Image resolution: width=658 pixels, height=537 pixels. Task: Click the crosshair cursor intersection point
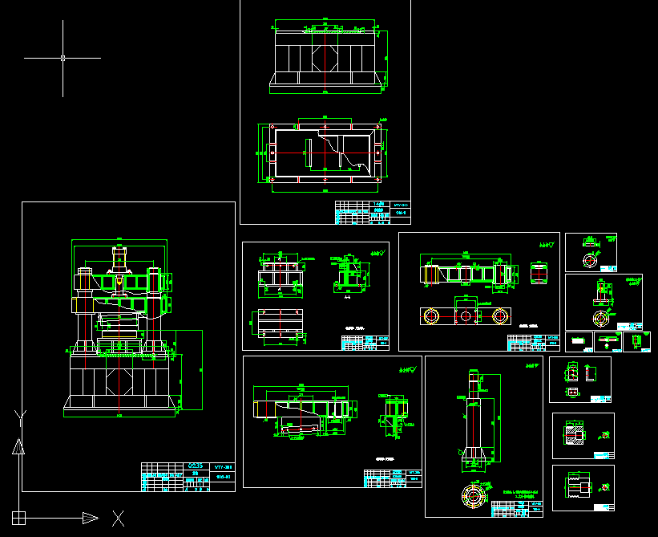tap(63, 58)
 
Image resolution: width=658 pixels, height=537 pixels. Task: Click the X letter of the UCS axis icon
tap(118, 519)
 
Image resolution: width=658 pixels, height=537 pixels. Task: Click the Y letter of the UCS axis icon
tap(20, 416)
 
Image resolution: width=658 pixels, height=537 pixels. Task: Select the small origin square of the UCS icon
tap(18, 518)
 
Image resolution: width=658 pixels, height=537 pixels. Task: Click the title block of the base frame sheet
tap(373, 214)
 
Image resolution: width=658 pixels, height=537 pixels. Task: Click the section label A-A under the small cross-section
tap(347, 297)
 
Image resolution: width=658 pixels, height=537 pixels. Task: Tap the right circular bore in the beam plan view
tap(501, 316)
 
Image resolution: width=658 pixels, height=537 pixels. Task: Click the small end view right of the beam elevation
tap(538, 273)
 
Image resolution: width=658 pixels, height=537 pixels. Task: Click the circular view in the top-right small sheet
tap(590, 260)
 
